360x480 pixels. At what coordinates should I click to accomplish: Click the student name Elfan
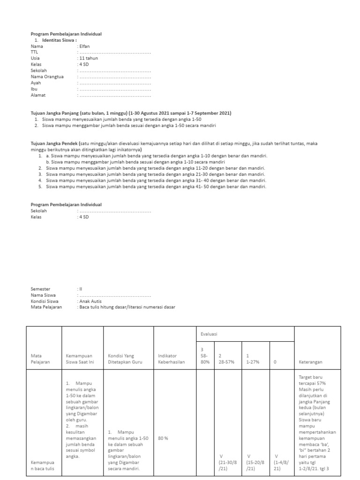pyautogui.click(x=84, y=46)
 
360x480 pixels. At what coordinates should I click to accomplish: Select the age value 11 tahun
pyautogui.click(x=87, y=59)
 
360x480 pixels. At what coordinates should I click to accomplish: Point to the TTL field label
pyautogui.click(x=34, y=52)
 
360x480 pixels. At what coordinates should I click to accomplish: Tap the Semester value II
pyautogui.click(x=80, y=289)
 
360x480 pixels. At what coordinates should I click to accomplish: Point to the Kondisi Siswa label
pyautogui.click(x=45, y=301)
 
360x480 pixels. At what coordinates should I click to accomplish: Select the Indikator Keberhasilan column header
pyautogui.click(x=171, y=359)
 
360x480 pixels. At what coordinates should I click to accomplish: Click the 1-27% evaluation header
pyautogui.click(x=254, y=359)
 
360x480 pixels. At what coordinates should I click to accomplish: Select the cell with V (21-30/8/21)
pyautogui.click(x=227, y=462)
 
